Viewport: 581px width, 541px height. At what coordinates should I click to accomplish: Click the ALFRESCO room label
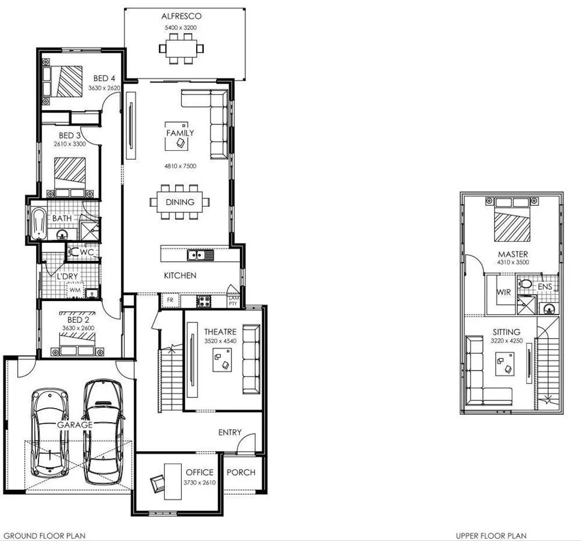181,16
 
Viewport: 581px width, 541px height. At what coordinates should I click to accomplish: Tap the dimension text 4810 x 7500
180,165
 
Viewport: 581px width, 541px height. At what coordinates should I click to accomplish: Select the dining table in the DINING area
180,202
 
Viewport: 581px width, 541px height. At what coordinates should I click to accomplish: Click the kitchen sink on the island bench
200,255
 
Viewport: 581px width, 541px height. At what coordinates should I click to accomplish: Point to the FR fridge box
170,300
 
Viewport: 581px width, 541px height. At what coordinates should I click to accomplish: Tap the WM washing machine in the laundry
75,290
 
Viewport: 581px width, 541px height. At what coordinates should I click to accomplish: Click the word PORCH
241,472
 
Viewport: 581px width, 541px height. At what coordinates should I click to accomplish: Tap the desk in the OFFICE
173,478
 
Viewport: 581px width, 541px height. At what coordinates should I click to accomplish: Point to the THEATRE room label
220,332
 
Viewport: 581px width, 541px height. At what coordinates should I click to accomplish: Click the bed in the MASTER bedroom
513,223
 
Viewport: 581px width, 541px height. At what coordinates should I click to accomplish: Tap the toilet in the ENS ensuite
525,284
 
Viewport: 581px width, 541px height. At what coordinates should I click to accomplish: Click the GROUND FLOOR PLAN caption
45,535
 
